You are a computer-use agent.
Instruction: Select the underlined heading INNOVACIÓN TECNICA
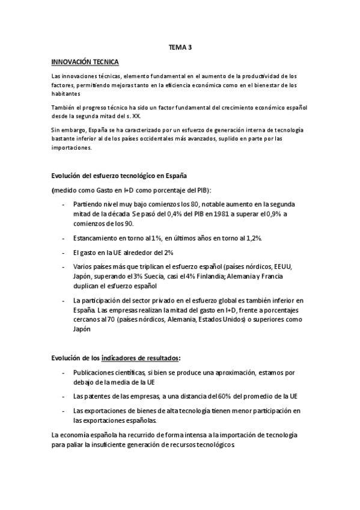85,62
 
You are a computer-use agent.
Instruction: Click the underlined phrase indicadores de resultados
141,358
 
